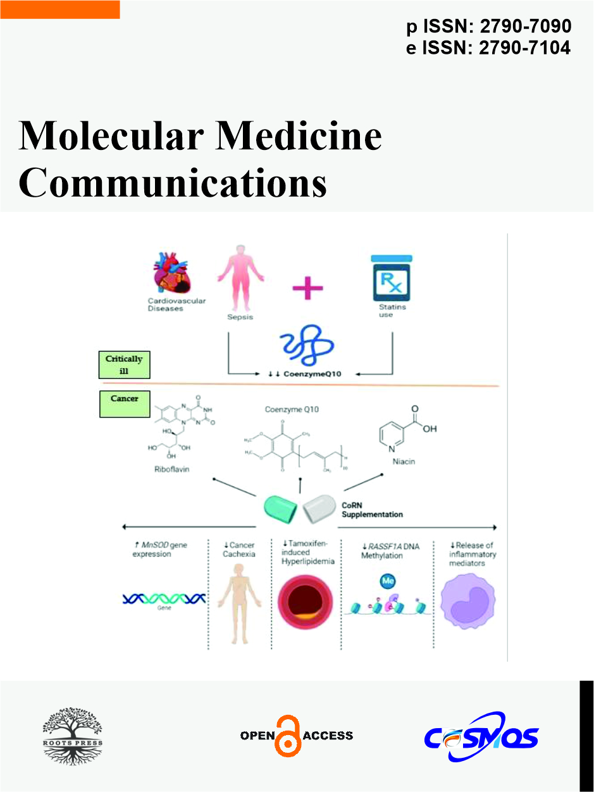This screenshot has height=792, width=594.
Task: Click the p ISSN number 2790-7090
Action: [x=525, y=27]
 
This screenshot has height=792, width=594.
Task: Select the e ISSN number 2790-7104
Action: [x=525, y=47]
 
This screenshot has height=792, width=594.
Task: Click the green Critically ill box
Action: [x=124, y=365]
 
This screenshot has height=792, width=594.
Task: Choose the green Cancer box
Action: [x=124, y=404]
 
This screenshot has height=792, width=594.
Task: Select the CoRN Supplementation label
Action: [x=372, y=510]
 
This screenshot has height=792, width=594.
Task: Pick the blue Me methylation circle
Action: [x=387, y=580]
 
